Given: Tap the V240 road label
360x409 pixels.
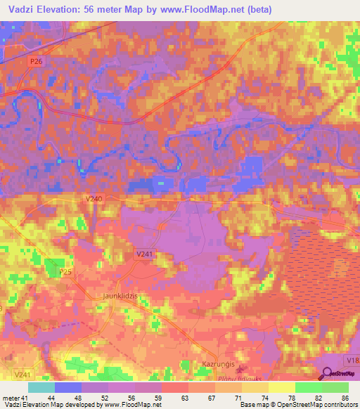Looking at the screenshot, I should click(94, 200).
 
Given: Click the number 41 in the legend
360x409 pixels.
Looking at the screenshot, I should click(24, 398).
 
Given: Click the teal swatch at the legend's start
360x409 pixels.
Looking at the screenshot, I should click(41, 387).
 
